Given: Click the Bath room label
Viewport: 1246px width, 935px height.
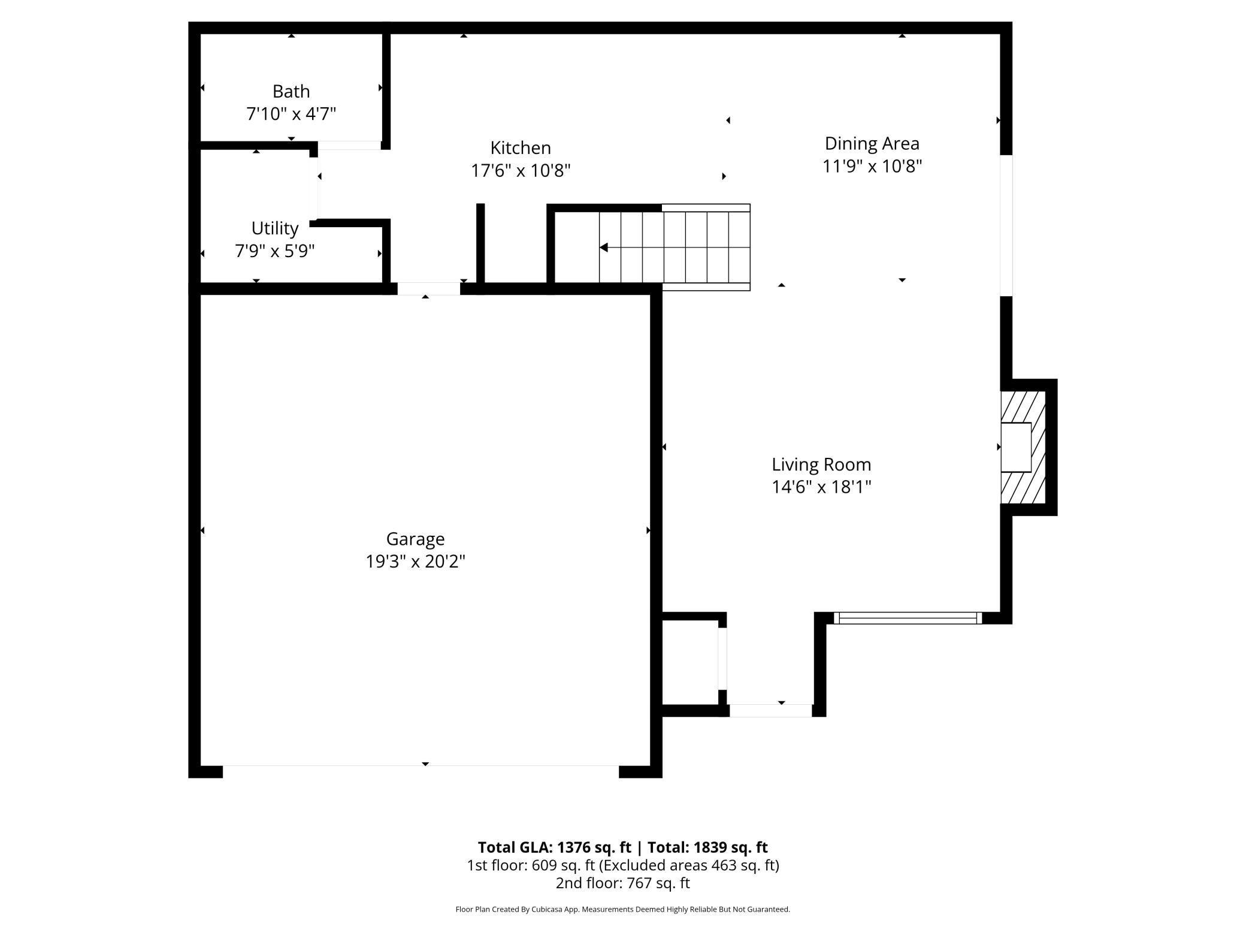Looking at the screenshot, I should pyautogui.click(x=291, y=91).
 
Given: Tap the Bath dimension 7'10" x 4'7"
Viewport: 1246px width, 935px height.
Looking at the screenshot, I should pyautogui.click(x=291, y=114).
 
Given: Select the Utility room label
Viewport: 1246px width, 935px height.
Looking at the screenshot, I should pyautogui.click(x=275, y=228).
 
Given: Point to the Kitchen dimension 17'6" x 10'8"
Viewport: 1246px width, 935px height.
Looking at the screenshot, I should pyautogui.click(x=521, y=171).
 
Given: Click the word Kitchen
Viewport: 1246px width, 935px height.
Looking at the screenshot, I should pyautogui.click(x=521, y=148).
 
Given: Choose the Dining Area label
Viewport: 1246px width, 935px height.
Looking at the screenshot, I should pyautogui.click(x=872, y=143).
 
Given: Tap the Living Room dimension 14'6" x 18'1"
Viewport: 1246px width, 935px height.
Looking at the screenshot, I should pyautogui.click(x=821, y=487).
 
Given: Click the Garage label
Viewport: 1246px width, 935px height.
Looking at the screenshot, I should pyautogui.click(x=415, y=539).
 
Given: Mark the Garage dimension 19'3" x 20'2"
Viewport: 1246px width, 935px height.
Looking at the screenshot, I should pyautogui.click(x=415, y=562).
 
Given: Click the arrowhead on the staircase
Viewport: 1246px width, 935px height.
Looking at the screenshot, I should pyautogui.click(x=604, y=248).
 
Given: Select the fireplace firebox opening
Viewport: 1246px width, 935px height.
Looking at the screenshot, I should pyautogui.click(x=1016, y=447).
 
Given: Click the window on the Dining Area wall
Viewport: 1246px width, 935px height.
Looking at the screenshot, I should pyautogui.click(x=1007, y=225).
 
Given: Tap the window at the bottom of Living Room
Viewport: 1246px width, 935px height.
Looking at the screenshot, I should pyautogui.click(x=908, y=618).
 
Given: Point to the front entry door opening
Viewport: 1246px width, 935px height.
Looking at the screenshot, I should pyautogui.click(x=770, y=711).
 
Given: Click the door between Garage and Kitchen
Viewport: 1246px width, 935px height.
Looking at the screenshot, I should pyautogui.click(x=429, y=289).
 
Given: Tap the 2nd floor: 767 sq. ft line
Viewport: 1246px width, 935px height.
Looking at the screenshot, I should pyautogui.click(x=622, y=883).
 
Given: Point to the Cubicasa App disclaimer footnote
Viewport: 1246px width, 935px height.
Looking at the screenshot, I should pyautogui.click(x=622, y=909).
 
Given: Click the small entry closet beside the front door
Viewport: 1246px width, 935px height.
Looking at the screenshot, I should pyautogui.click(x=690, y=662).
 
